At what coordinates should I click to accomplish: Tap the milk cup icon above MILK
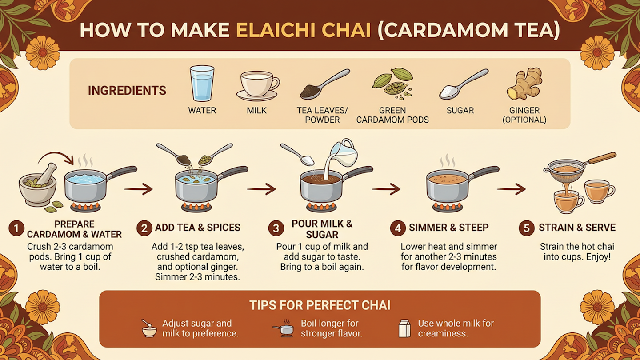258,85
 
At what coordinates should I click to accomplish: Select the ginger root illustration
525,84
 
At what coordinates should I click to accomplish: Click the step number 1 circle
16,229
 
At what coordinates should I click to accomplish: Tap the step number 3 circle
276,228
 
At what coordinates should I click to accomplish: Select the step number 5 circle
527,228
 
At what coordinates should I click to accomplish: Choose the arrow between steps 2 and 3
261,189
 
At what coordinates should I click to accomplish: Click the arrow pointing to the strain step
511,189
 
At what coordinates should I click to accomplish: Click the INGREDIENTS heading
127,91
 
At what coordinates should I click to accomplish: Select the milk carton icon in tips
404,328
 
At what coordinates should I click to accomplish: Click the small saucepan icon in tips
284,329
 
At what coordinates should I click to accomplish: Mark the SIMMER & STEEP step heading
448,228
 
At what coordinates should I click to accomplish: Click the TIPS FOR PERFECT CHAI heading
320,305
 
